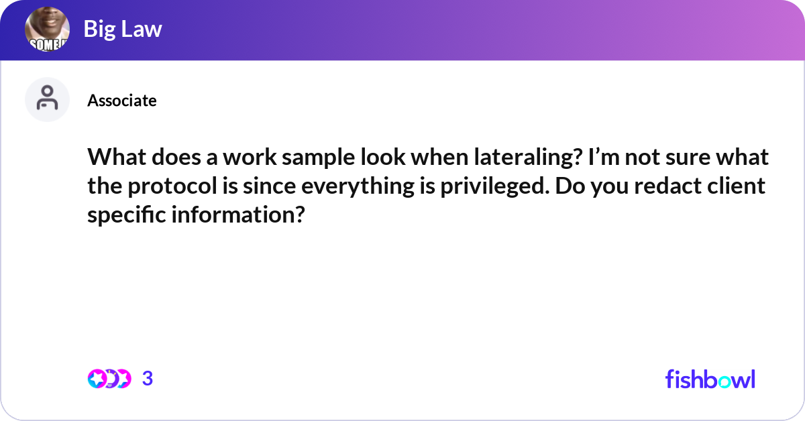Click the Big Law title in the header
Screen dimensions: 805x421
(x=123, y=29)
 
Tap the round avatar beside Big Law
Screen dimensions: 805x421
(x=47, y=29)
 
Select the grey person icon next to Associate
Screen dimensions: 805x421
(x=47, y=99)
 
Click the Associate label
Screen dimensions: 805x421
(x=122, y=101)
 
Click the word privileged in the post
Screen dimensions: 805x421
(x=495, y=186)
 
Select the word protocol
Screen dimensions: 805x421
(x=172, y=186)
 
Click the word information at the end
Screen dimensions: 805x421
(x=238, y=215)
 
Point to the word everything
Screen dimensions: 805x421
(x=357, y=186)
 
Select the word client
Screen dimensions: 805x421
(x=736, y=186)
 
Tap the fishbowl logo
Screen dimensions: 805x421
(x=710, y=379)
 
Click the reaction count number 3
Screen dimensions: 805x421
(x=148, y=379)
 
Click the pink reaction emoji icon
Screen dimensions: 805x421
(x=97, y=379)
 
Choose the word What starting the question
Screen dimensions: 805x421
(x=117, y=157)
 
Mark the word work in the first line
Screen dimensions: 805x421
(x=250, y=157)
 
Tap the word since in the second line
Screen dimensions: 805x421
(x=269, y=186)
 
